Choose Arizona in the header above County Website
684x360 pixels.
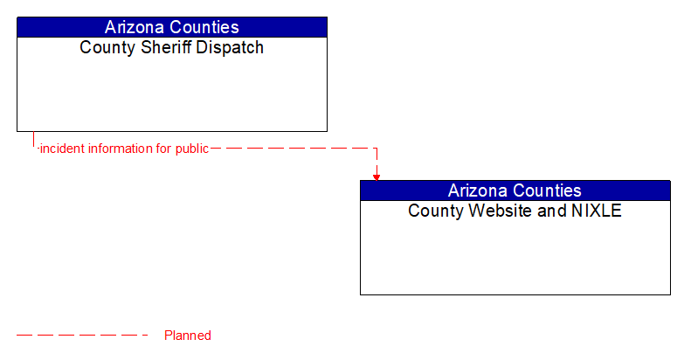478,190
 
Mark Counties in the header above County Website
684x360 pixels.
549,190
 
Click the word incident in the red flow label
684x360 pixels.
62,149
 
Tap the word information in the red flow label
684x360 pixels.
120,149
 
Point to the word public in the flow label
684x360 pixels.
191,149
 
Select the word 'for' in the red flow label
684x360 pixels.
163,149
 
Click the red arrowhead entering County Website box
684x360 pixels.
377,177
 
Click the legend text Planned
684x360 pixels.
188,336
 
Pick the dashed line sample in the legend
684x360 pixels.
83,335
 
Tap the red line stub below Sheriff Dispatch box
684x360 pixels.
33,140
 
